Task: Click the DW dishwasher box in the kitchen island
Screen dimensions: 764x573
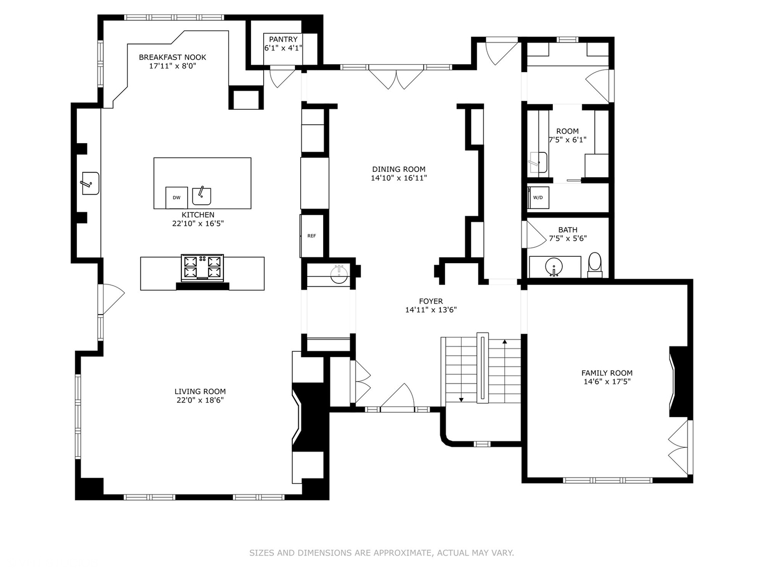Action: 177,197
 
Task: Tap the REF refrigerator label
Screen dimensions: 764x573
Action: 311,236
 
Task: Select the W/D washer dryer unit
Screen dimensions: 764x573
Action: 538,197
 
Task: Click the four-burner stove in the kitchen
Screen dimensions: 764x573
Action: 202,267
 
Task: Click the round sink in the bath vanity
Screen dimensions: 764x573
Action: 554,267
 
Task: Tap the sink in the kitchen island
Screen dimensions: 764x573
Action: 202,196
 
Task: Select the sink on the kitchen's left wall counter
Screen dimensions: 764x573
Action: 91,184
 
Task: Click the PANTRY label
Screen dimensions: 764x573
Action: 283,39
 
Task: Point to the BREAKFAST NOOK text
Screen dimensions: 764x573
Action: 172,57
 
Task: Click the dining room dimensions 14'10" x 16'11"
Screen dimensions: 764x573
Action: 399,178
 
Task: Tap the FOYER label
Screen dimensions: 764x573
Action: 431,301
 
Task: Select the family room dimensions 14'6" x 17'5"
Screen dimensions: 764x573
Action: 607,381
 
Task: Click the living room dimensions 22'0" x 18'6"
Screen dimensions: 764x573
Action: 200,400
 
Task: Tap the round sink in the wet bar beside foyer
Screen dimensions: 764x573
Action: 338,274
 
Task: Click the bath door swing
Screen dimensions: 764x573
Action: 536,235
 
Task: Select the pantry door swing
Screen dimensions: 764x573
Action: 282,79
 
